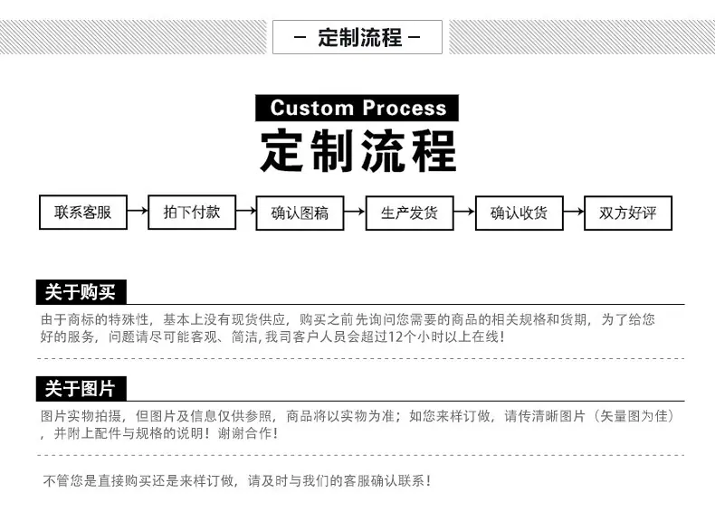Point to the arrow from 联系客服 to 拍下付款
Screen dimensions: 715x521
coord(138,211)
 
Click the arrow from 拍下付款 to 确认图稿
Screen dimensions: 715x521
coord(246,211)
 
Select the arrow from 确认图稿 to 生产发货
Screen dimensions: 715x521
coord(355,212)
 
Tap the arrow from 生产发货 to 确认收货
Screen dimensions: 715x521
coord(464,212)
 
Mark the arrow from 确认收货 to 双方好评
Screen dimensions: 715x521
coord(574,212)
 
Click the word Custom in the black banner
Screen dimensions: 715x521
coord(312,108)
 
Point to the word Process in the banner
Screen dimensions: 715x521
coord(405,108)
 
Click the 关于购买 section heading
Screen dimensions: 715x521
coord(81,292)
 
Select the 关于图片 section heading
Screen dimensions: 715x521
coord(81,389)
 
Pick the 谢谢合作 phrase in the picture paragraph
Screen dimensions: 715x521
coord(244,433)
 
